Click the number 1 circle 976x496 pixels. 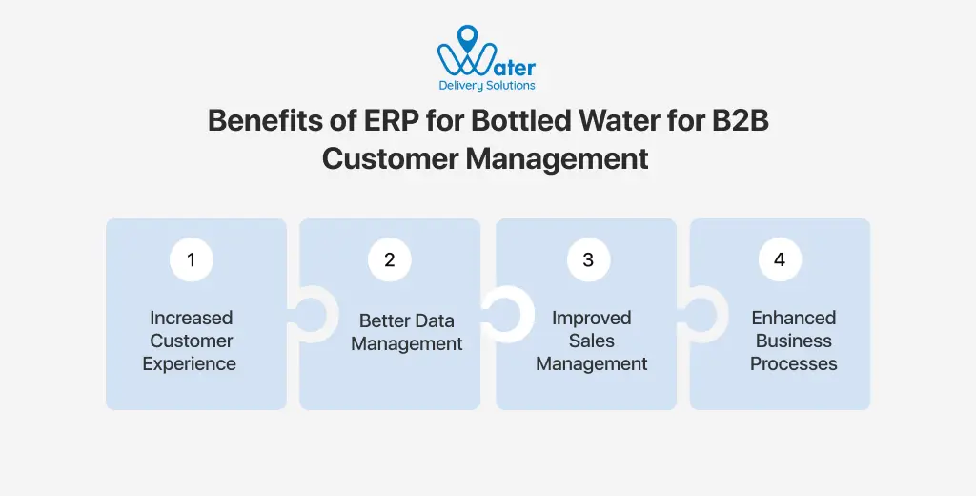(x=192, y=259)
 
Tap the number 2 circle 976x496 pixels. (x=389, y=259)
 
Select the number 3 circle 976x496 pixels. (x=588, y=259)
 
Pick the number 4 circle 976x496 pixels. (x=780, y=259)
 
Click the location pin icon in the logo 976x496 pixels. (x=467, y=39)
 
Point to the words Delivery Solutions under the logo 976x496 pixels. (x=487, y=86)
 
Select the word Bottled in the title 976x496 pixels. (x=497, y=121)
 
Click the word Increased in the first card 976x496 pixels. (x=191, y=318)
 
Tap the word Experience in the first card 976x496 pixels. (x=190, y=363)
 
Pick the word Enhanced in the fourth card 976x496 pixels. (x=793, y=318)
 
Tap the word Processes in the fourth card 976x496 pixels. (x=793, y=363)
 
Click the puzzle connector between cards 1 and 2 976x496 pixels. (x=307, y=315)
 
